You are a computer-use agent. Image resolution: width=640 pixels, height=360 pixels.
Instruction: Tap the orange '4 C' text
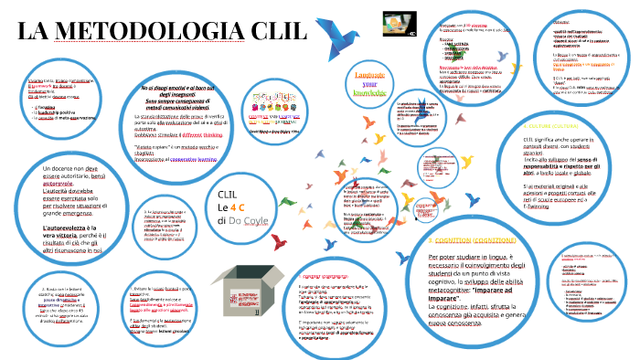click(245, 208)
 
